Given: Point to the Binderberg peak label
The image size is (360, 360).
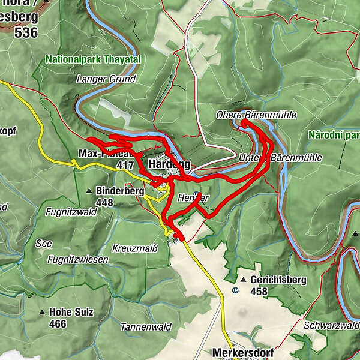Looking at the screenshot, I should [x=120, y=191].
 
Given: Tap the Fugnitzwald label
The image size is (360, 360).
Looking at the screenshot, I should [x=70, y=211].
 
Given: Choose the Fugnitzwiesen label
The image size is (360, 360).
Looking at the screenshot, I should [x=80, y=260].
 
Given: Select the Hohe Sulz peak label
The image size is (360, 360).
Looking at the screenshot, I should [x=69, y=312].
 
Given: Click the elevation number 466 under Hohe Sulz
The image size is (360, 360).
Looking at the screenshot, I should [x=58, y=324].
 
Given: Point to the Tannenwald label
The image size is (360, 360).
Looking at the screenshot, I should [x=145, y=327].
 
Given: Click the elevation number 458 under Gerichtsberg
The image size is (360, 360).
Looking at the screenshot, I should [x=259, y=292].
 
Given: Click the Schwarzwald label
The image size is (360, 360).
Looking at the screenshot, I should [x=331, y=325].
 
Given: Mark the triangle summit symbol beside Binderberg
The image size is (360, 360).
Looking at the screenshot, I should [x=89, y=191].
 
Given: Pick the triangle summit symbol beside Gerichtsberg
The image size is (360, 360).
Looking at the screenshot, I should [x=243, y=280].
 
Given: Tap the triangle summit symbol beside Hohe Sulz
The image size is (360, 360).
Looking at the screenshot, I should [x=42, y=313].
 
